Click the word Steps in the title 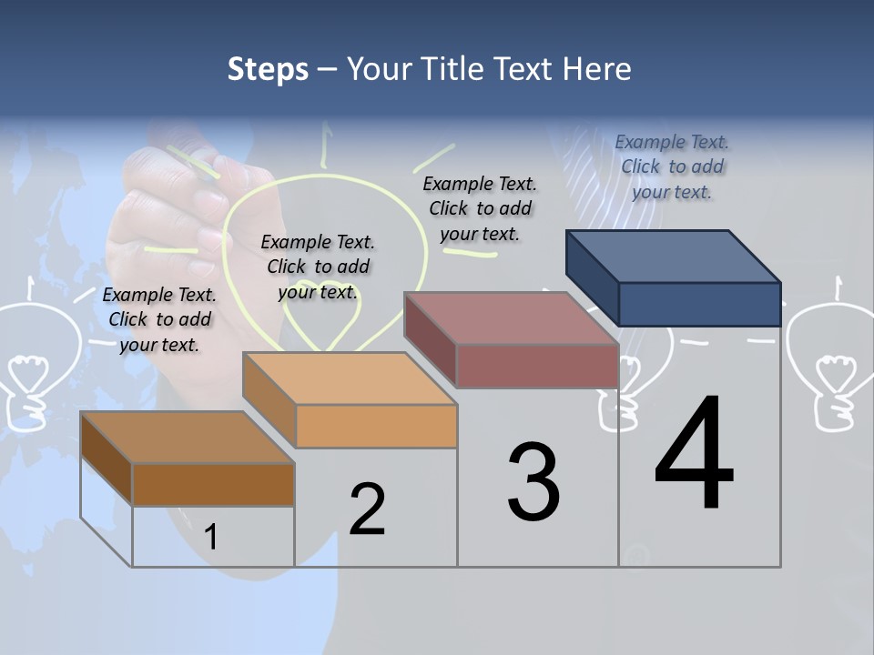[268, 69]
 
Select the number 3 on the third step [534, 482]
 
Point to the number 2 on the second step [368, 509]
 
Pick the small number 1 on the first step [211, 537]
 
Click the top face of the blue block [673, 256]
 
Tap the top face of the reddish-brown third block [511, 318]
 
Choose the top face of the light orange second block [350, 378]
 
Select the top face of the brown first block [188, 438]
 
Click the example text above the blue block [672, 166]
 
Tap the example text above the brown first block [159, 319]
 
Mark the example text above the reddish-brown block [480, 208]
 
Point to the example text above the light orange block [318, 267]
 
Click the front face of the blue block [699, 304]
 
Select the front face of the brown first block [213, 484]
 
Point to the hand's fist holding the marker [164, 218]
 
